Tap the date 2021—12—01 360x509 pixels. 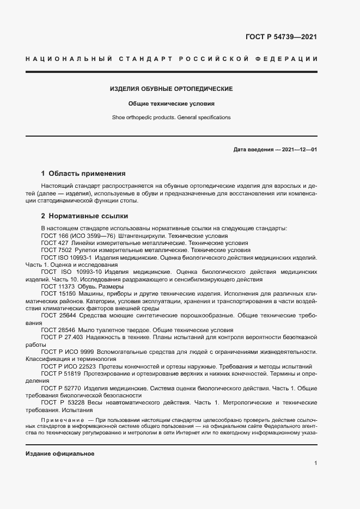click(300, 150)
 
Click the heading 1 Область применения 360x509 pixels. click(83, 174)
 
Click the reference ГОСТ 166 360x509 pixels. click(53, 236)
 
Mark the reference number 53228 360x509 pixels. click(76, 402)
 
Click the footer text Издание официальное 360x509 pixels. click(60, 453)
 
